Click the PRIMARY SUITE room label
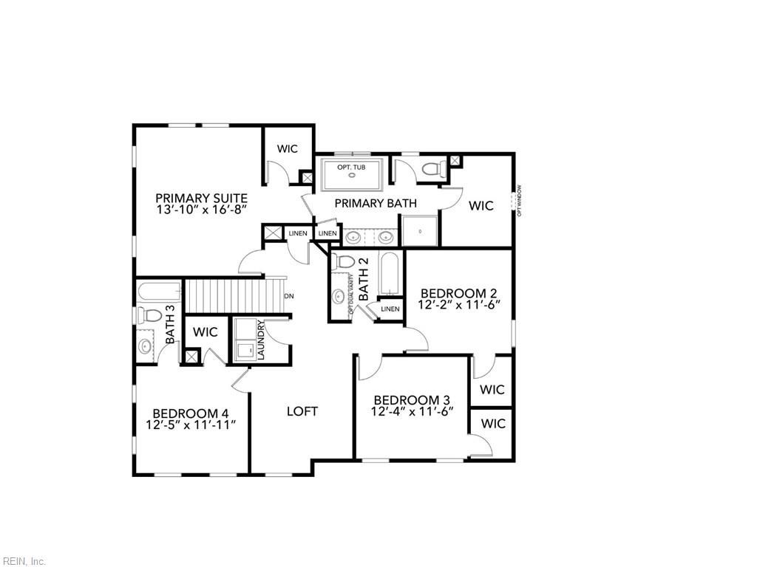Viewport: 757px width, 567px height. coord(201,197)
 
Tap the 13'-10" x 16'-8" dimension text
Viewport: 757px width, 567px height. coord(201,210)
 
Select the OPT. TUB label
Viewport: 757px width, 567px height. coord(351,168)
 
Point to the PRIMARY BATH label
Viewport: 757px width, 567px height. coord(376,203)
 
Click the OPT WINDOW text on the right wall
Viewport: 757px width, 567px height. coord(520,200)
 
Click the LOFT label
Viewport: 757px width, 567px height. coord(302,411)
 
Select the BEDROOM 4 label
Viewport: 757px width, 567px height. coord(190,413)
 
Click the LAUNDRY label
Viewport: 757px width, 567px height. coord(260,340)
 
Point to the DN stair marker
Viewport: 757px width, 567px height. coord(289,296)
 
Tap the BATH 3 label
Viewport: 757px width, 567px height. coord(170,326)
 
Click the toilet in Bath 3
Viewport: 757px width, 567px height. coord(151,316)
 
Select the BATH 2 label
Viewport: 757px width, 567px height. coord(363,279)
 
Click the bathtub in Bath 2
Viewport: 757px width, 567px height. coord(389,273)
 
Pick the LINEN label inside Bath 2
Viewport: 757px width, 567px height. coord(390,309)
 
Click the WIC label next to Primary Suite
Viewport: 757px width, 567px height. coord(288,149)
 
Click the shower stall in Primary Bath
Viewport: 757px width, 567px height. coord(419,230)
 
